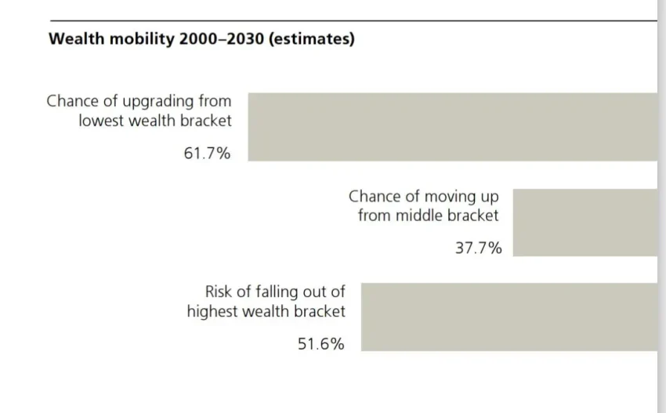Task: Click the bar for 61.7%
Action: coord(452,127)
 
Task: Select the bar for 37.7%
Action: coord(585,223)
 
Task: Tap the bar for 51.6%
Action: coord(509,317)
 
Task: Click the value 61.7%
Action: coord(207,154)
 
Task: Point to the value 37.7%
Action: coord(478,248)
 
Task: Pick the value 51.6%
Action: coord(320,343)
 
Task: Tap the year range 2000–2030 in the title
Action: coord(222,39)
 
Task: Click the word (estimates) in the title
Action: coord(311,39)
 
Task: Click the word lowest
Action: coord(103,121)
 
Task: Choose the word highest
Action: coord(214,310)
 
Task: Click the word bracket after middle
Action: coord(472,215)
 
